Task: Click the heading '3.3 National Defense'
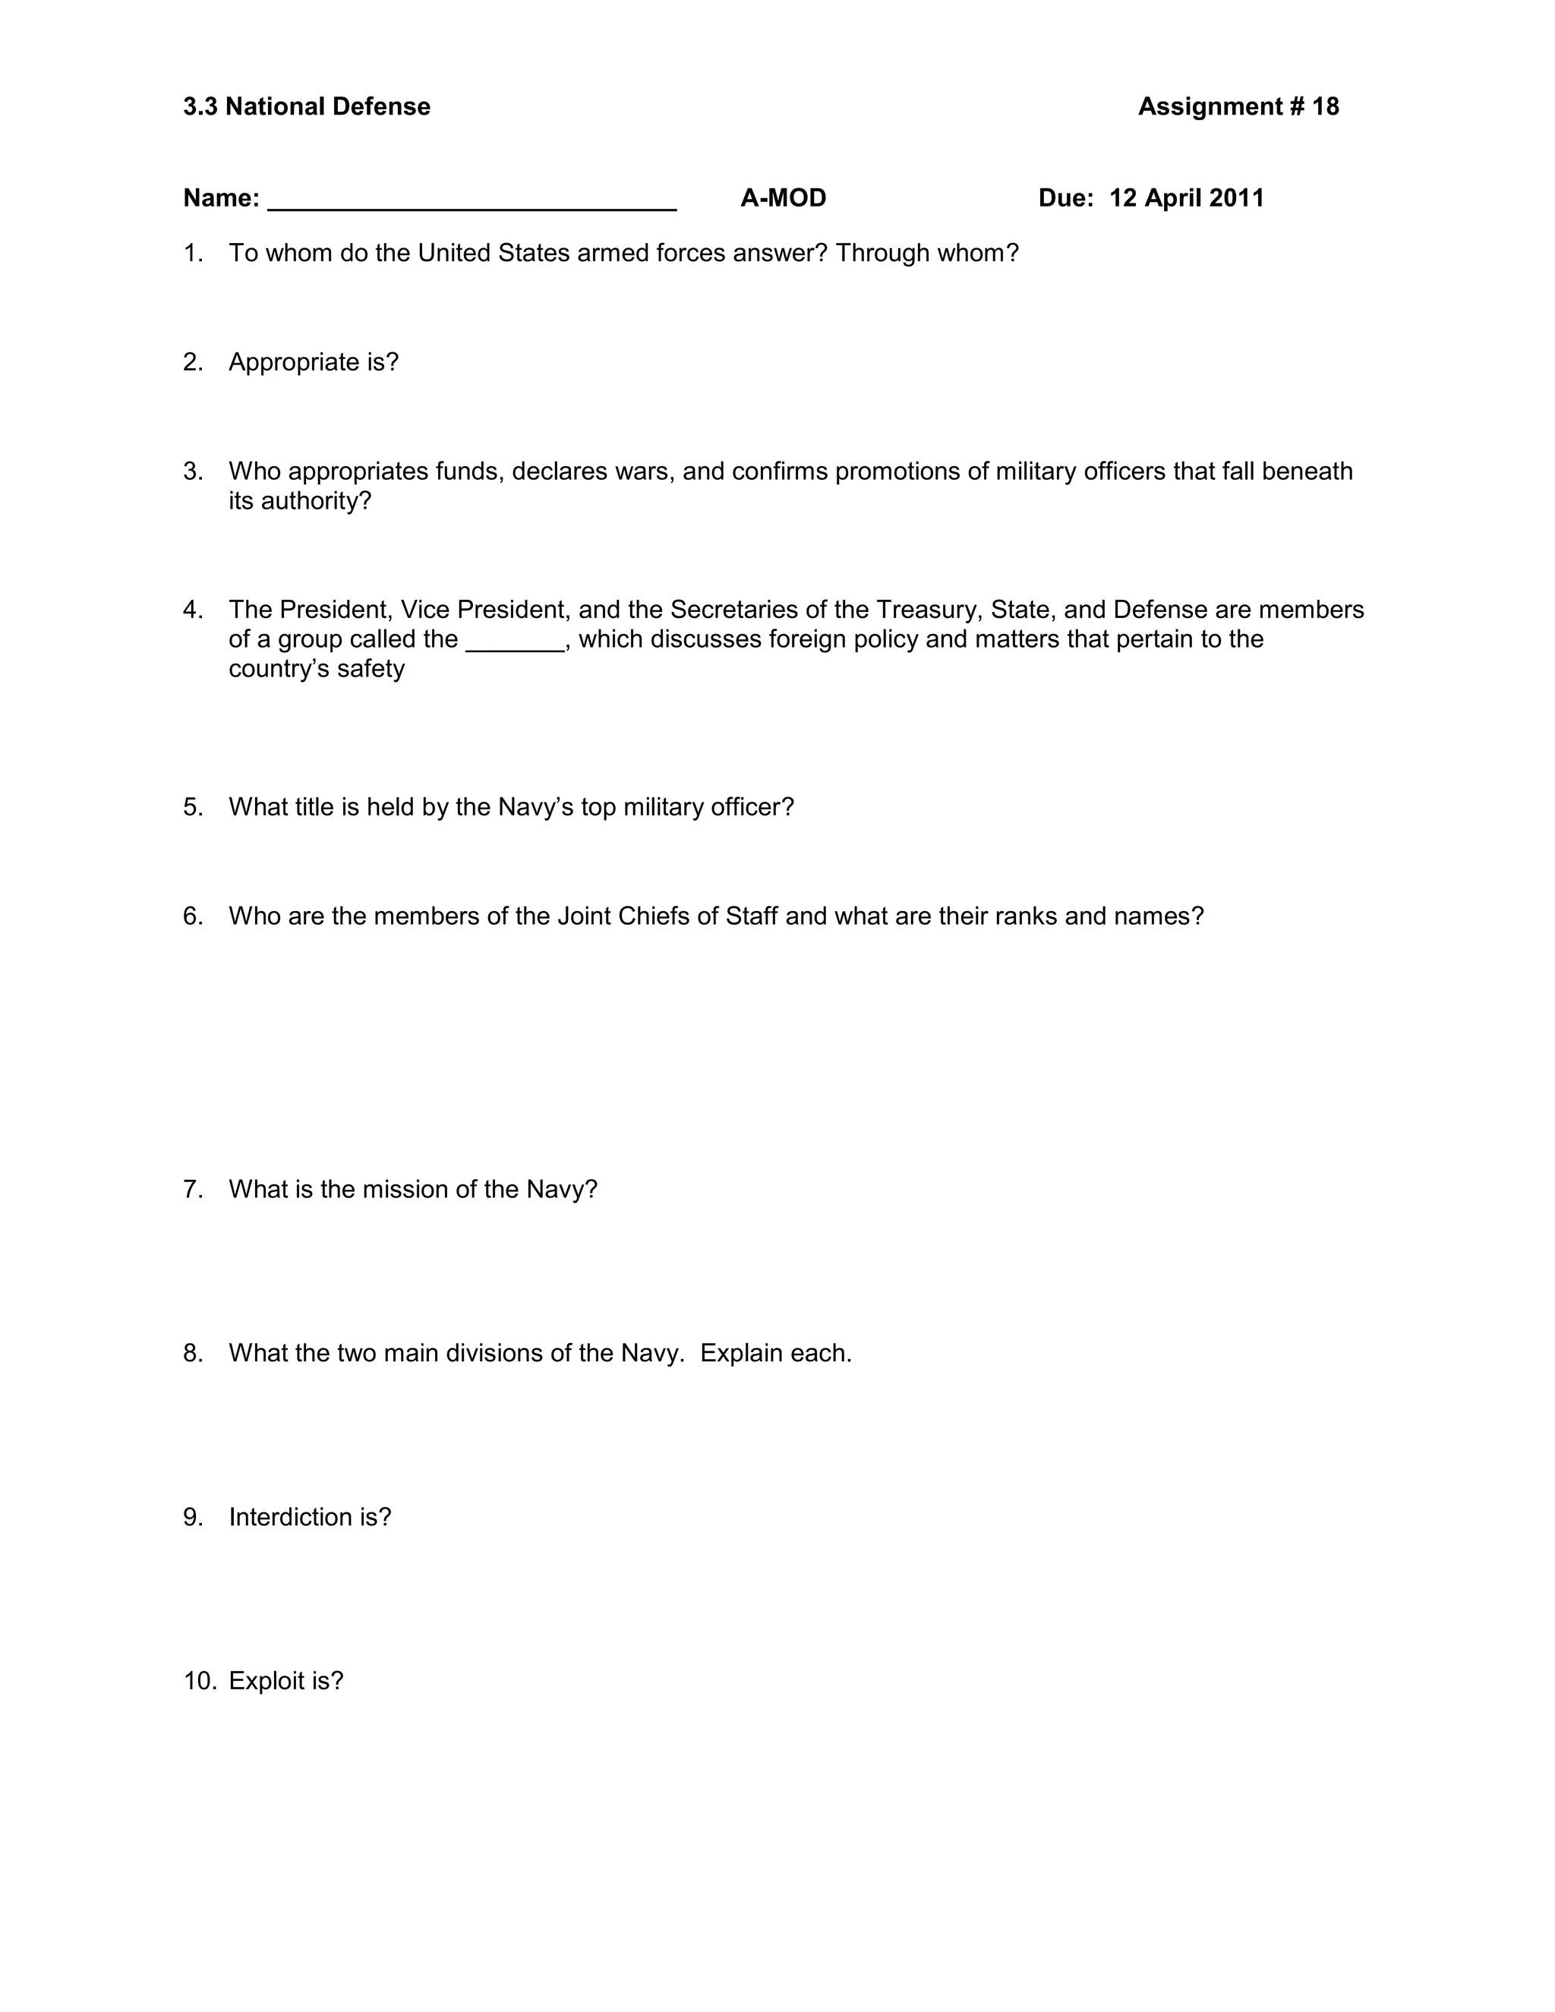(x=307, y=107)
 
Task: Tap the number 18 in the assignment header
(x=1326, y=107)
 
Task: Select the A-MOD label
(x=783, y=198)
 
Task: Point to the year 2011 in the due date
(x=1236, y=198)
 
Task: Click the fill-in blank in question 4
(x=515, y=643)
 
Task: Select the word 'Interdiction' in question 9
(x=290, y=1517)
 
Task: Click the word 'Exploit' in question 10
(x=267, y=1681)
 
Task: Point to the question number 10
(x=199, y=1681)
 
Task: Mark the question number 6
(x=193, y=916)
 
